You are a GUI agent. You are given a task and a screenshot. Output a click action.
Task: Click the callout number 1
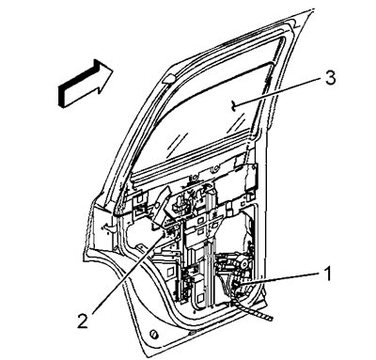pos(327,274)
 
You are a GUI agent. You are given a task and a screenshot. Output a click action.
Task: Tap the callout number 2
pos(83,320)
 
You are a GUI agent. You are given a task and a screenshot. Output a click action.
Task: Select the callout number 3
pos(330,78)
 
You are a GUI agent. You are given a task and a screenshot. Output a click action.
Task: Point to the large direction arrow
pos(86,83)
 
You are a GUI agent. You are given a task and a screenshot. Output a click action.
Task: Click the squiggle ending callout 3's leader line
pos(233,105)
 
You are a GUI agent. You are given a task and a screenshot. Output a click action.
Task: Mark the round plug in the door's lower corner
pos(154,334)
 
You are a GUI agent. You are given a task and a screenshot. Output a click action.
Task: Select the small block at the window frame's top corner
pos(168,79)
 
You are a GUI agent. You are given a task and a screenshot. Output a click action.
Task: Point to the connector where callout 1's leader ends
pos(237,286)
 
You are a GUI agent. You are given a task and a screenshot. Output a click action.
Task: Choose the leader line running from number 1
pos(281,278)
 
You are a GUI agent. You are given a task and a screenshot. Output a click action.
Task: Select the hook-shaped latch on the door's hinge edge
pos(109,227)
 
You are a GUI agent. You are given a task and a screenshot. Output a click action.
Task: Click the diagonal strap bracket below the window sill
pos(161,208)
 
